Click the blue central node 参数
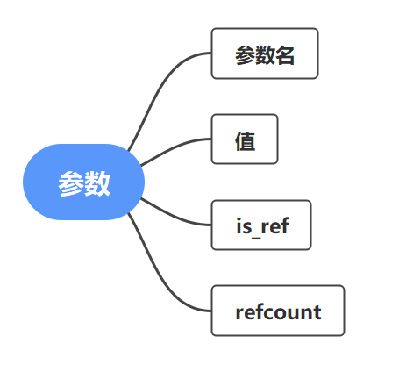coord(83,182)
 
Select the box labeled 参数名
coord(265,54)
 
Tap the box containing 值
coord(245,139)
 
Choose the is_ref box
coord(261,225)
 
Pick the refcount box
coord(278,311)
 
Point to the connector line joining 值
coord(175,148)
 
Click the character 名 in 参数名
coord(285,55)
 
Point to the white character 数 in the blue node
coord(97,184)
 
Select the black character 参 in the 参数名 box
coord(245,55)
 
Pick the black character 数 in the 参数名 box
coord(265,55)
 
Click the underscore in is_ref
coord(256,238)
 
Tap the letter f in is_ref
coord(285,225)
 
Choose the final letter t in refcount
coord(317,312)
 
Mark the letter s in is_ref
coord(247,228)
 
